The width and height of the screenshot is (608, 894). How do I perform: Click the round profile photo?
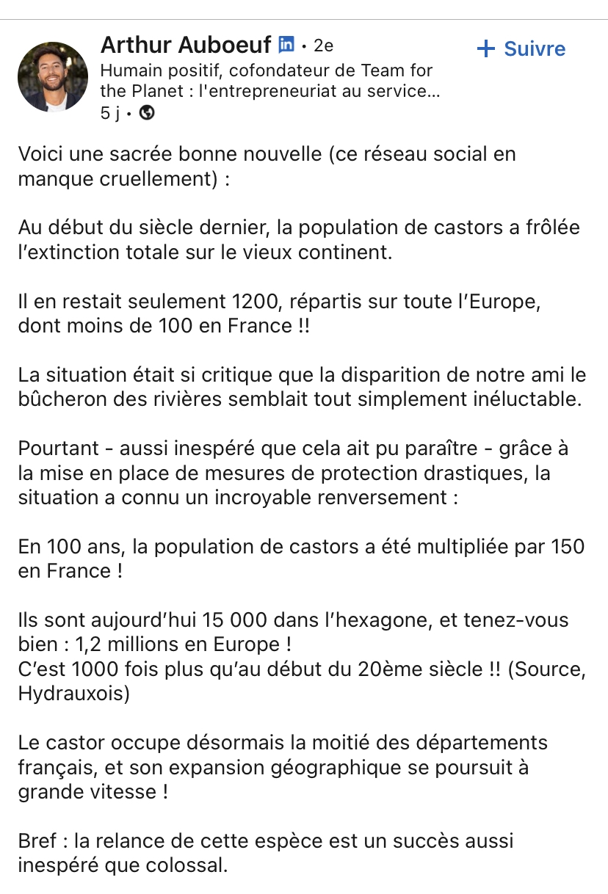pyautogui.click(x=53, y=77)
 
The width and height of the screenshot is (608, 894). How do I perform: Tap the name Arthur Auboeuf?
pyautogui.click(x=186, y=45)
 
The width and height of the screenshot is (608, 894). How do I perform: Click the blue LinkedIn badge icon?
pyautogui.click(x=286, y=45)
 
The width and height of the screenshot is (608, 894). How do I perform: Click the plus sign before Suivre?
pyautogui.click(x=486, y=49)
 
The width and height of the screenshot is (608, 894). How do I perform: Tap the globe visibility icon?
pyautogui.click(x=147, y=112)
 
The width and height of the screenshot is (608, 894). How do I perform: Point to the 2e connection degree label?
pyautogui.click(x=323, y=46)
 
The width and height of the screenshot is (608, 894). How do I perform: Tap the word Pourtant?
pyautogui.click(x=56, y=448)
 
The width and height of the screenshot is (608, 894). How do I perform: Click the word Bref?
pyautogui.click(x=37, y=840)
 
